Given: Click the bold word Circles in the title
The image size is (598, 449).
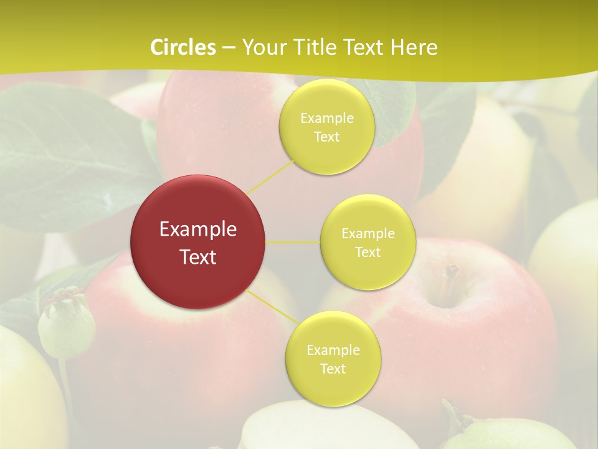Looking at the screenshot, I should coord(183,47).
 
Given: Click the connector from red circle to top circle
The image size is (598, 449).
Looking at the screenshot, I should coord(269,176).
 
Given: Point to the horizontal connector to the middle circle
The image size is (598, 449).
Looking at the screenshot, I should coord(293,242).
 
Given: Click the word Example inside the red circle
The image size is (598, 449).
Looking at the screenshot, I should coord(197,229).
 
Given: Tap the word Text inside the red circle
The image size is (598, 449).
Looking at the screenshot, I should coord(197,257).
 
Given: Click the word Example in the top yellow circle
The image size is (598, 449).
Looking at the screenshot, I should coord(326,118).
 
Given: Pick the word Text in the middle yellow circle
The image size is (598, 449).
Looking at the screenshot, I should coord(368,253).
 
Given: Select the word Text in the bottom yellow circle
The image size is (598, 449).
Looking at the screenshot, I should coord(333,369).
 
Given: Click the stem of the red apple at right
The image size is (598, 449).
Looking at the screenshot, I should coord(450,274).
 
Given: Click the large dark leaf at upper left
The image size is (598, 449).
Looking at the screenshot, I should coord(69,156).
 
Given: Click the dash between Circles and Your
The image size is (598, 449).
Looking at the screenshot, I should coord(229,48).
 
